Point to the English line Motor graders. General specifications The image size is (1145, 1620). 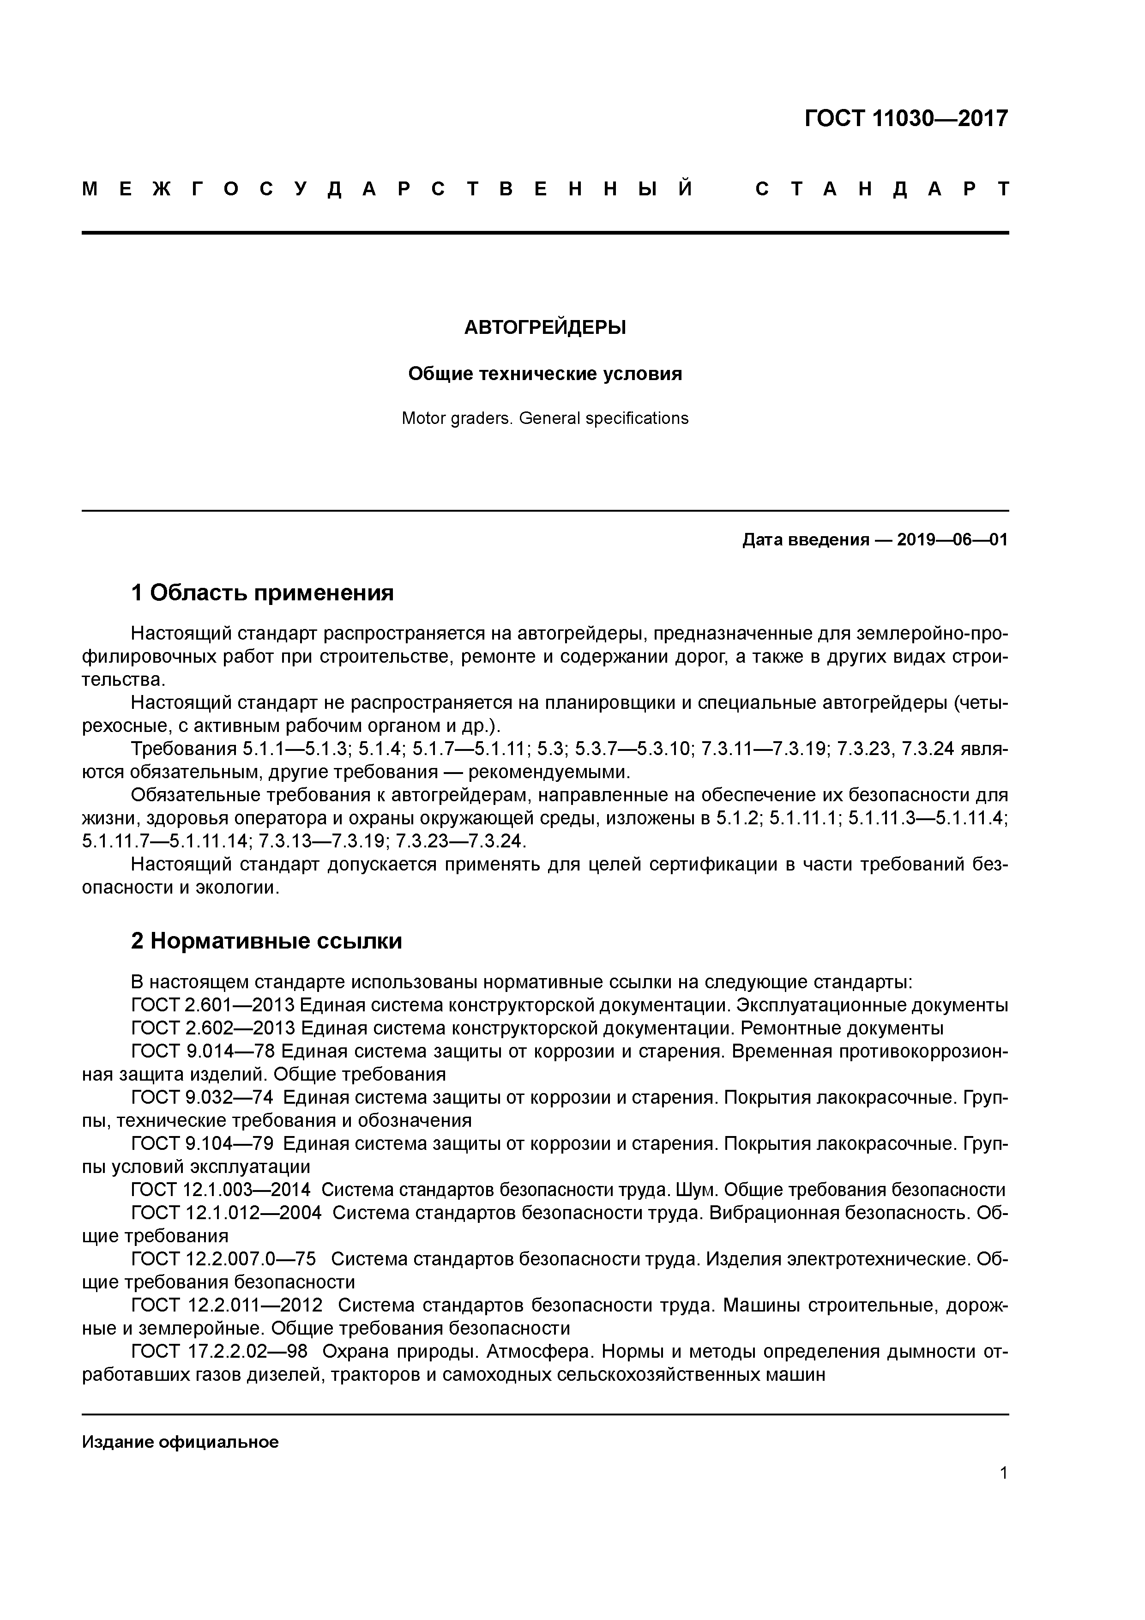[x=545, y=418]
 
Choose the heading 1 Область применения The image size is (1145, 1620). [x=262, y=592]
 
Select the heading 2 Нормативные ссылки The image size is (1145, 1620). [x=267, y=941]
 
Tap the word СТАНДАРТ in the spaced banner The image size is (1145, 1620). [x=882, y=189]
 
